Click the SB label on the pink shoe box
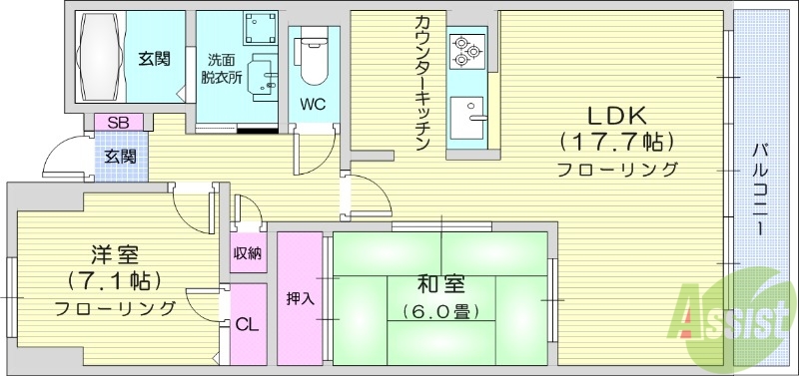click(118, 123)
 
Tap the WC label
click(313, 102)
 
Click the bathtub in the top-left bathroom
click(98, 58)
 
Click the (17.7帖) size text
click(617, 141)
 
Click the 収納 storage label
click(248, 253)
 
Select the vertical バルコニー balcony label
click(760, 188)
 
